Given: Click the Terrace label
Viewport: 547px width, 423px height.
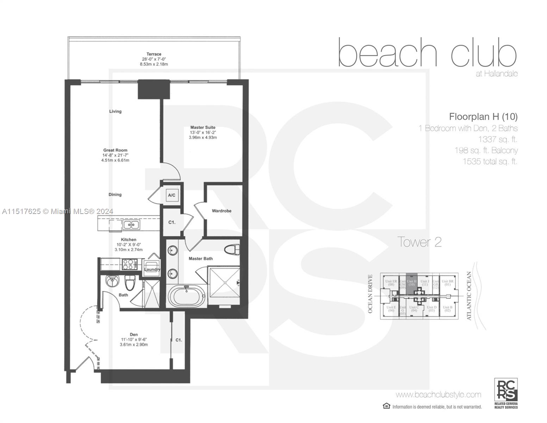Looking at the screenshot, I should (154, 54).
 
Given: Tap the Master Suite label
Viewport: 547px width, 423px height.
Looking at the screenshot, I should (203, 128).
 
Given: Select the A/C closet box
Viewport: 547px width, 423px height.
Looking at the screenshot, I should (172, 195).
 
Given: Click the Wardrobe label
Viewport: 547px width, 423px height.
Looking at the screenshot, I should (222, 211).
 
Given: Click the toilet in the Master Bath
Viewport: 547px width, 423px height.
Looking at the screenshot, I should (232, 250).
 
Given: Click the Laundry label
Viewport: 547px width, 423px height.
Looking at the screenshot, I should (152, 269).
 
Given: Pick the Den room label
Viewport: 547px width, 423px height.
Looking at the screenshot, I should (134, 335).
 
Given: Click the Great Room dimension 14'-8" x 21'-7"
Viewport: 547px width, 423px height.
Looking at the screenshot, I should (115, 155).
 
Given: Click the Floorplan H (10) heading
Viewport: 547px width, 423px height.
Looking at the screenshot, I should (483, 116).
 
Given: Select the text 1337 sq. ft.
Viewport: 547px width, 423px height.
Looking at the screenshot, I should (497, 139).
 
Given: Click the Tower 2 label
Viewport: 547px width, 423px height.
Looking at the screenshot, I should (419, 242).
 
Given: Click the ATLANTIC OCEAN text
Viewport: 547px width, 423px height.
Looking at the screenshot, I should (469, 296).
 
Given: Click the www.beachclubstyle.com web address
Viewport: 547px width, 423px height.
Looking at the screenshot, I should (438, 394).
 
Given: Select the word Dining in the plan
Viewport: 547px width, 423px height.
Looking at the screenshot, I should (115, 195).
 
